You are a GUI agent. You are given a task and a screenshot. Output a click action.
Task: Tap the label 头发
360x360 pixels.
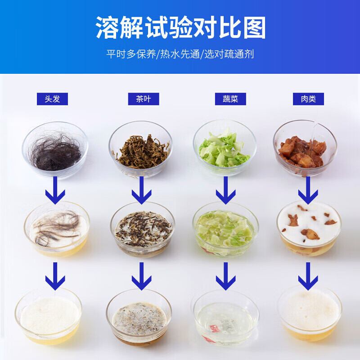52,99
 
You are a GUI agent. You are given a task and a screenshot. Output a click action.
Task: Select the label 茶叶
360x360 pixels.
140,99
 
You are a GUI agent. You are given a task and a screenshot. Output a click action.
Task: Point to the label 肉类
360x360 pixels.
308,99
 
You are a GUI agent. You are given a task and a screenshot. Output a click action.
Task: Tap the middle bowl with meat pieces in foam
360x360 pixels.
309,227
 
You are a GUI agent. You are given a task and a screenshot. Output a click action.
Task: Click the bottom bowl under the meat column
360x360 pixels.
309,313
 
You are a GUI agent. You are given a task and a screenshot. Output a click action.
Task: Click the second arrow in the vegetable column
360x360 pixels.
225,275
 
